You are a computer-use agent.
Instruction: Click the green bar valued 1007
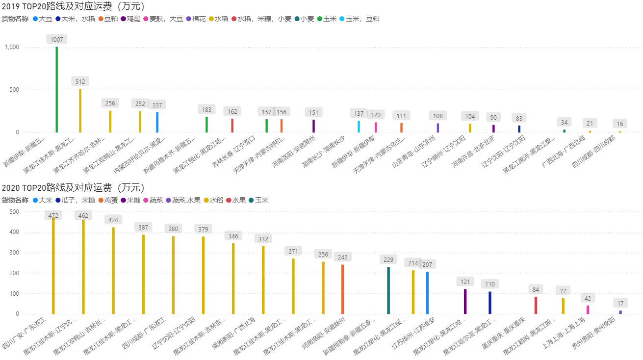tap(56, 90)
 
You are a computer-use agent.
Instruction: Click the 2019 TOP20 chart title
tap(73, 6)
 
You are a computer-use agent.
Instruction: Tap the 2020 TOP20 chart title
tap(73, 187)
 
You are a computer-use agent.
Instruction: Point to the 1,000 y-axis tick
tap(12, 47)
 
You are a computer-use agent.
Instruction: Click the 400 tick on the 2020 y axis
tap(14, 232)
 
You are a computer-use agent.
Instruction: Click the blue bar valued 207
tap(427, 293)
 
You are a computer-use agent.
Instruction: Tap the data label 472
tap(53, 215)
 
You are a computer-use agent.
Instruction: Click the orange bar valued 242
tap(343, 289)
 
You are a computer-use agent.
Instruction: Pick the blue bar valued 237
tap(157, 122)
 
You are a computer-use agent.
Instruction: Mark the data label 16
tap(620, 124)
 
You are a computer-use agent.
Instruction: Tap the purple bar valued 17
tap(620, 312)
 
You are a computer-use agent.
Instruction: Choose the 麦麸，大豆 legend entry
tap(166, 19)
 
